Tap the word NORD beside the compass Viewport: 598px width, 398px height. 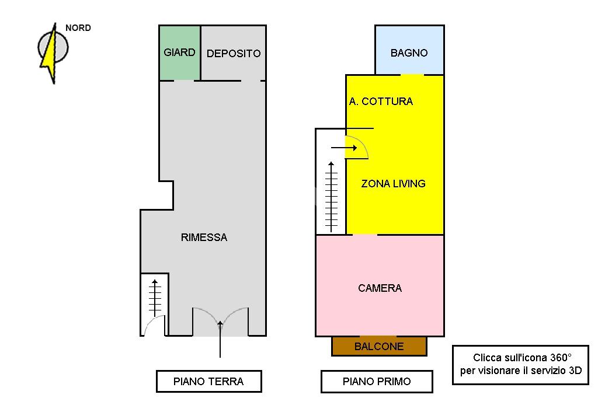pyautogui.click(x=78, y=28)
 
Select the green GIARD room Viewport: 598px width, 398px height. pyautogui.click(x=180, y=53)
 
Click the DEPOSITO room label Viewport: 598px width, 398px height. pyautogui.click(x=234, y=53)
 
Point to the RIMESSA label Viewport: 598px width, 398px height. pyautogui.click(x=204, y=238)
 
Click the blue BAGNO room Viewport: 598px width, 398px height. pyautogui.click(x=409, y=53)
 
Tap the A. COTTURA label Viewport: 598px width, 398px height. pyautogui.click(x=381, y=102)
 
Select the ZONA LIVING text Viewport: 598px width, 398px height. pyautogui.click(x=393, y=183)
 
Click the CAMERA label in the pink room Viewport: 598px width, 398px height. pyautogui.click(x=380, y=288)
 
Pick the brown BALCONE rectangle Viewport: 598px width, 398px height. pyautogui.click(x=379, y=346)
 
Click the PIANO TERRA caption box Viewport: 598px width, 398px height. pyautogui.click(x=208, y=382)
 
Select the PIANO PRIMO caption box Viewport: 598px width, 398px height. pyautogui.click(x=377, y=382)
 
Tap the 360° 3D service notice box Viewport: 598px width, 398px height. pyautogui.click(x=520, y=365)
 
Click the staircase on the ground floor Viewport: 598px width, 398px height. pyautogui.click(x=155, y=298)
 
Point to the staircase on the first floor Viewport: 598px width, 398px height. pyautogui.click(x=332, y=195)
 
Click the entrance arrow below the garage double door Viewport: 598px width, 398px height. pyautogui.click(x=220, y=341)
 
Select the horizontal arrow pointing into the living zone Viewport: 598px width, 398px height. pyautogui.click(x=344, y=148)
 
